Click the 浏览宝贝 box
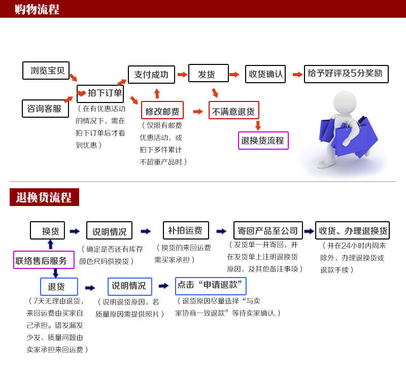[x=46, y=71]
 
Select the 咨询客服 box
[x=45, y=109]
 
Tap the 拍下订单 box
[x=100, y=93]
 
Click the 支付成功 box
[x=151, y=75]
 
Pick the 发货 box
[x=208, y=74]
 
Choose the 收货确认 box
[x=265, y=74]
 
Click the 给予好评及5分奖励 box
[x=346, y=74]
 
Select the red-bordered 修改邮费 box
[x=162, y=111]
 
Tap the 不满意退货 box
[x=234, y=111]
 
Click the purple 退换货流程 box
[x=263, y=141]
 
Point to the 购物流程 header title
[x=37, y=9]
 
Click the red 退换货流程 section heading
[x=44, y=197]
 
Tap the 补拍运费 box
[x=185, y=230]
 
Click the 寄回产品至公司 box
[x=268, y=231]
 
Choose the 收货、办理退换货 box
[x=353, y=231]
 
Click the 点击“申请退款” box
[x=211, y=286]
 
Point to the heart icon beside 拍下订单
[x=82, y=93]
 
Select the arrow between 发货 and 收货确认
[x=234, y=75]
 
